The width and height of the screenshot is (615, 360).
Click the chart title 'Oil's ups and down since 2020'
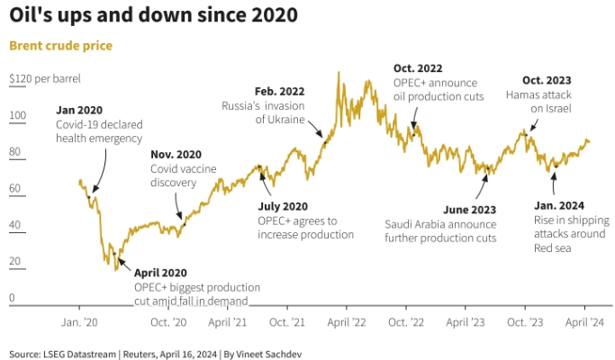tap(154, 16)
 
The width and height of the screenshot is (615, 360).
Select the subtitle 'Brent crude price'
tap(60, 45)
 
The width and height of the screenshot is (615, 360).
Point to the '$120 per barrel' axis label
tap(45, 79)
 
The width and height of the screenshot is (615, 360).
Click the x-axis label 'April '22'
tap(346, 321)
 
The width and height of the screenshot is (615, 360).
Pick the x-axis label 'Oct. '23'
tap(524, 321)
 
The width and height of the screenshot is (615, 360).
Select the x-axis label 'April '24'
tap(583, 321)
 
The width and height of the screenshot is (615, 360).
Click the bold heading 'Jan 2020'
tap(79, 109)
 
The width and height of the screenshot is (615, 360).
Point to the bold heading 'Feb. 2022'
tap(279, 91)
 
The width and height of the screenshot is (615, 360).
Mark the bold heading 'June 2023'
tap(468, 209)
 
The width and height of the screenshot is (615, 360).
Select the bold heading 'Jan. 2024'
tap(559, 204)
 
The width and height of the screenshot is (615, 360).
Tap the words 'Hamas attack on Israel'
tap(538, 102)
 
